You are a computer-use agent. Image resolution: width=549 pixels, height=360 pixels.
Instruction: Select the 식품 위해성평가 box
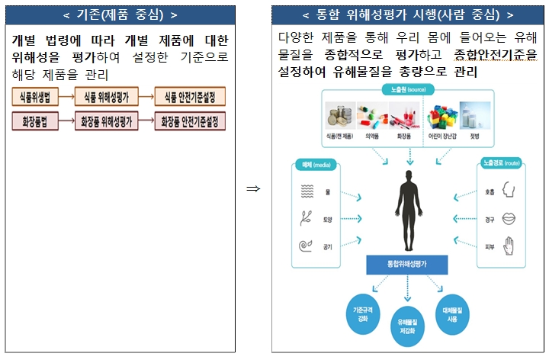(106, 97)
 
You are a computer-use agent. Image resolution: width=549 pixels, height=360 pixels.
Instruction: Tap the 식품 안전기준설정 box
(190, 97)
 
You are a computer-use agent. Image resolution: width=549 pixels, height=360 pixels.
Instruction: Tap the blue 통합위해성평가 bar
(406, 265)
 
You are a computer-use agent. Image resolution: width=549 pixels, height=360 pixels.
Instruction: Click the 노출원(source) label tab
(407, 90)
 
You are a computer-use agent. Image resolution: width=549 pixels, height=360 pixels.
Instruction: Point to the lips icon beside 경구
(509, 219)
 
